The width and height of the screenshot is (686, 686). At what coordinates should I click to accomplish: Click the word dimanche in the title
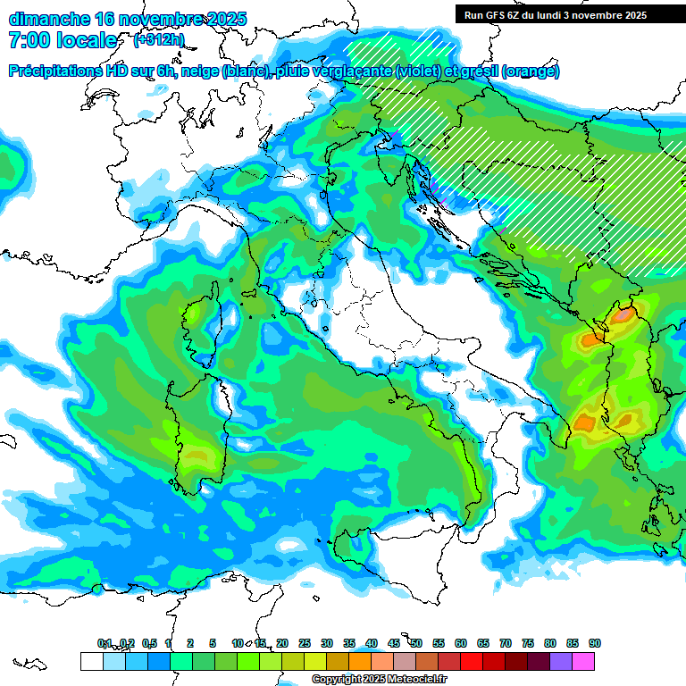[48, 19]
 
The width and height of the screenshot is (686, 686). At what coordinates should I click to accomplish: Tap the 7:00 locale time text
[63, 40]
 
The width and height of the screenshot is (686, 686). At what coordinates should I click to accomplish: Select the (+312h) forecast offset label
[160, 40]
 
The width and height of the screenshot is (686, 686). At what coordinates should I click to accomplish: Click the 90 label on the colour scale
[594, 643]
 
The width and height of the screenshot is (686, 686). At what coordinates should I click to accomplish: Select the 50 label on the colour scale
[415, 643]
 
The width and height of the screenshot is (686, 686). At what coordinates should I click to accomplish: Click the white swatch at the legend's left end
[91, 661]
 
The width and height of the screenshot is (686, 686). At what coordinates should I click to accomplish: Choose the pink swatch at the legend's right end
[584, 661]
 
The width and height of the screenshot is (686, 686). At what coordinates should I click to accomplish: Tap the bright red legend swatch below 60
[472, 661]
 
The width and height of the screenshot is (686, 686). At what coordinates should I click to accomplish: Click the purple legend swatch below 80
[561, 661]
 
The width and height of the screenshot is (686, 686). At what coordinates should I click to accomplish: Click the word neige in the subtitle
[201, 71]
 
